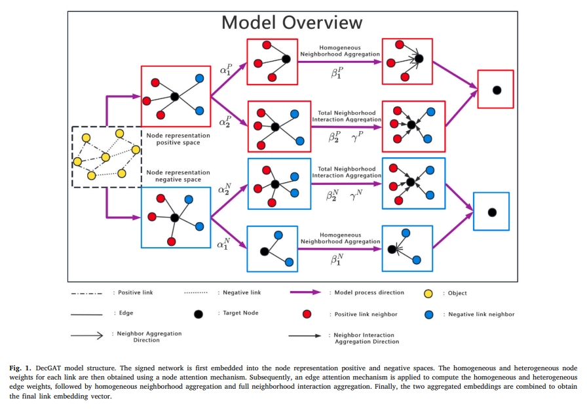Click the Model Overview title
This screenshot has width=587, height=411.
(x=292, y=22)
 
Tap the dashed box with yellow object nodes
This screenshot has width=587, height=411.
(x=106, y=157)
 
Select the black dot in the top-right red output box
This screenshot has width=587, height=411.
(x=497, y=89)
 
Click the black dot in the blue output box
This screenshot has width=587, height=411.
(x=491, y=212)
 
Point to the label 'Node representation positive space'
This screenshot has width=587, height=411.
(x=178, y=139)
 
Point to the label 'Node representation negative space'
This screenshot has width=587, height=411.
(x=178, y=176)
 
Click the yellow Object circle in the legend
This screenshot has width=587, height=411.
(x=428, y=292)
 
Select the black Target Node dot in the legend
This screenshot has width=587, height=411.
(x=199, y=313)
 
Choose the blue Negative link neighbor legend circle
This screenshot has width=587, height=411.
(x=430, y=314)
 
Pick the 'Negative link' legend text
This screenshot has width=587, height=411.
(x=242, y=292)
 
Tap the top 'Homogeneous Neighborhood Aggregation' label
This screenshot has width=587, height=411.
(x=340, y=50)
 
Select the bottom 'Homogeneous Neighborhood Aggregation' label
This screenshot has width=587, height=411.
(x=340, y=238)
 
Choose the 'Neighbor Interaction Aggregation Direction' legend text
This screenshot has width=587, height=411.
(x=366, y=338)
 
